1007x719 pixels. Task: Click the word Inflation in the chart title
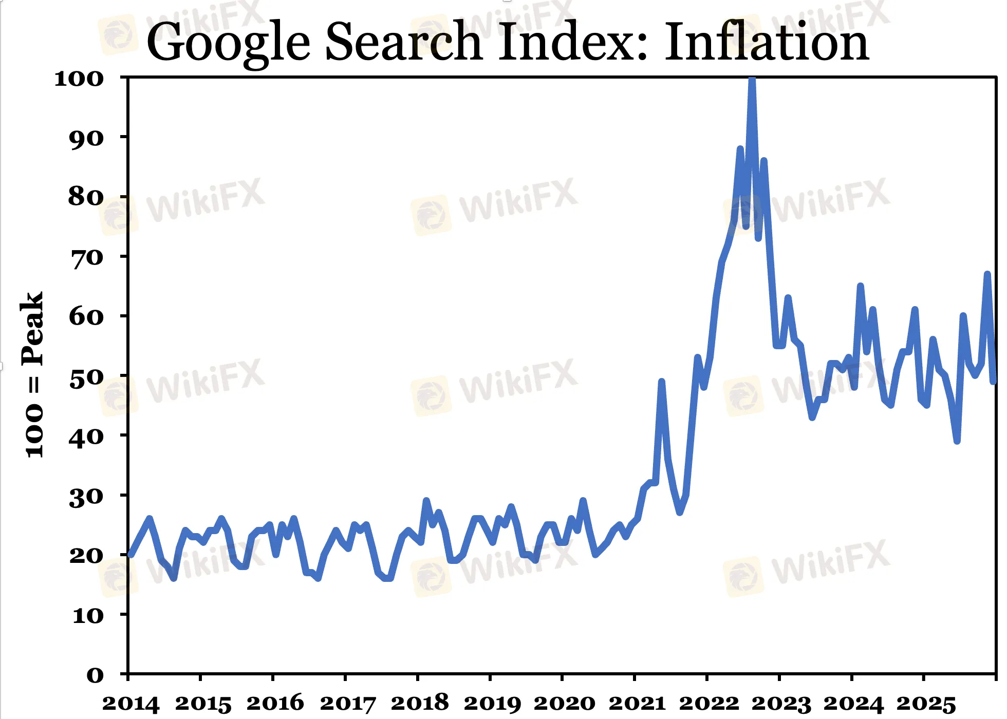pyautogui.click(x=767, y=42)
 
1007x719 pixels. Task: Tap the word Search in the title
pyautogui.click(x=403, y=42)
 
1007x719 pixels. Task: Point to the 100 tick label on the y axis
pyautogui.click(x=79, y=79)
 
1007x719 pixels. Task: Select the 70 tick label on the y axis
pyautogui.click(x=86, y=257)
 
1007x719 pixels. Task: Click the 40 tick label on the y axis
pyautogui.click(x=86, y=437)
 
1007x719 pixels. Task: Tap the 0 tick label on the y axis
pyautogui.click(x=95, y=675)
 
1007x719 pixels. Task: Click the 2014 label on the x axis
pyautogui.click(x=131, y=703)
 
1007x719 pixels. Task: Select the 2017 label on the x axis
pyautogui.click(x=348, y=703)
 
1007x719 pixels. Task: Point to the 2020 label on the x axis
pyautogui.click(x=564, y=703)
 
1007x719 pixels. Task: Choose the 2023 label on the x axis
pyautogui.click(x=781, y=703)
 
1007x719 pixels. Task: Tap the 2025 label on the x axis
pyautogui.click(x=926, y=703)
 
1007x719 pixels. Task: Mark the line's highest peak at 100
pyautogui.click(x=752, y=80)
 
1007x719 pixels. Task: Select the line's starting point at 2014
pyautogui.click(x=129, y=555)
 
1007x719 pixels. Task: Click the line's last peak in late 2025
pyautogui.click(x=987, y=274)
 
